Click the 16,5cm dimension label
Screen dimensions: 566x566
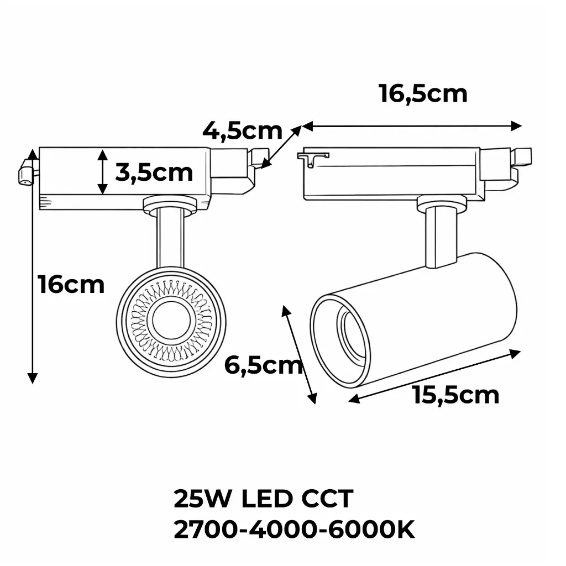click(423, 93)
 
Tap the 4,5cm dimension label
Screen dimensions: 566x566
click(242, 131)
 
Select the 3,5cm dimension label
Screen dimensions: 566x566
click(154, 172)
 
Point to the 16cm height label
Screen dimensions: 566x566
click(71, 285)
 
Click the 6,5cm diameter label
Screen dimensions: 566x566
click(263, 365)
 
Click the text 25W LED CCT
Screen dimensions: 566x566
click(263, 499)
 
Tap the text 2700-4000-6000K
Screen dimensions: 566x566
click(294, 531)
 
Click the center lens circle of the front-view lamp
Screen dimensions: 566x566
click(171, 320)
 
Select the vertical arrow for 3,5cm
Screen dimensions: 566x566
click(102, 171)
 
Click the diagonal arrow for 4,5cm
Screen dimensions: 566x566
click(282, 147)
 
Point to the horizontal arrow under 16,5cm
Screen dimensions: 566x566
click(412, 127)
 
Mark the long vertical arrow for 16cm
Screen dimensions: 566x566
click(33, 265)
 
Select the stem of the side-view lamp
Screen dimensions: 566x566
click(441, 238)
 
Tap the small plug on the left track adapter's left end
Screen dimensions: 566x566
click(25, 172)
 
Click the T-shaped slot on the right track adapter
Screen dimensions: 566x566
click(313, 158)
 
